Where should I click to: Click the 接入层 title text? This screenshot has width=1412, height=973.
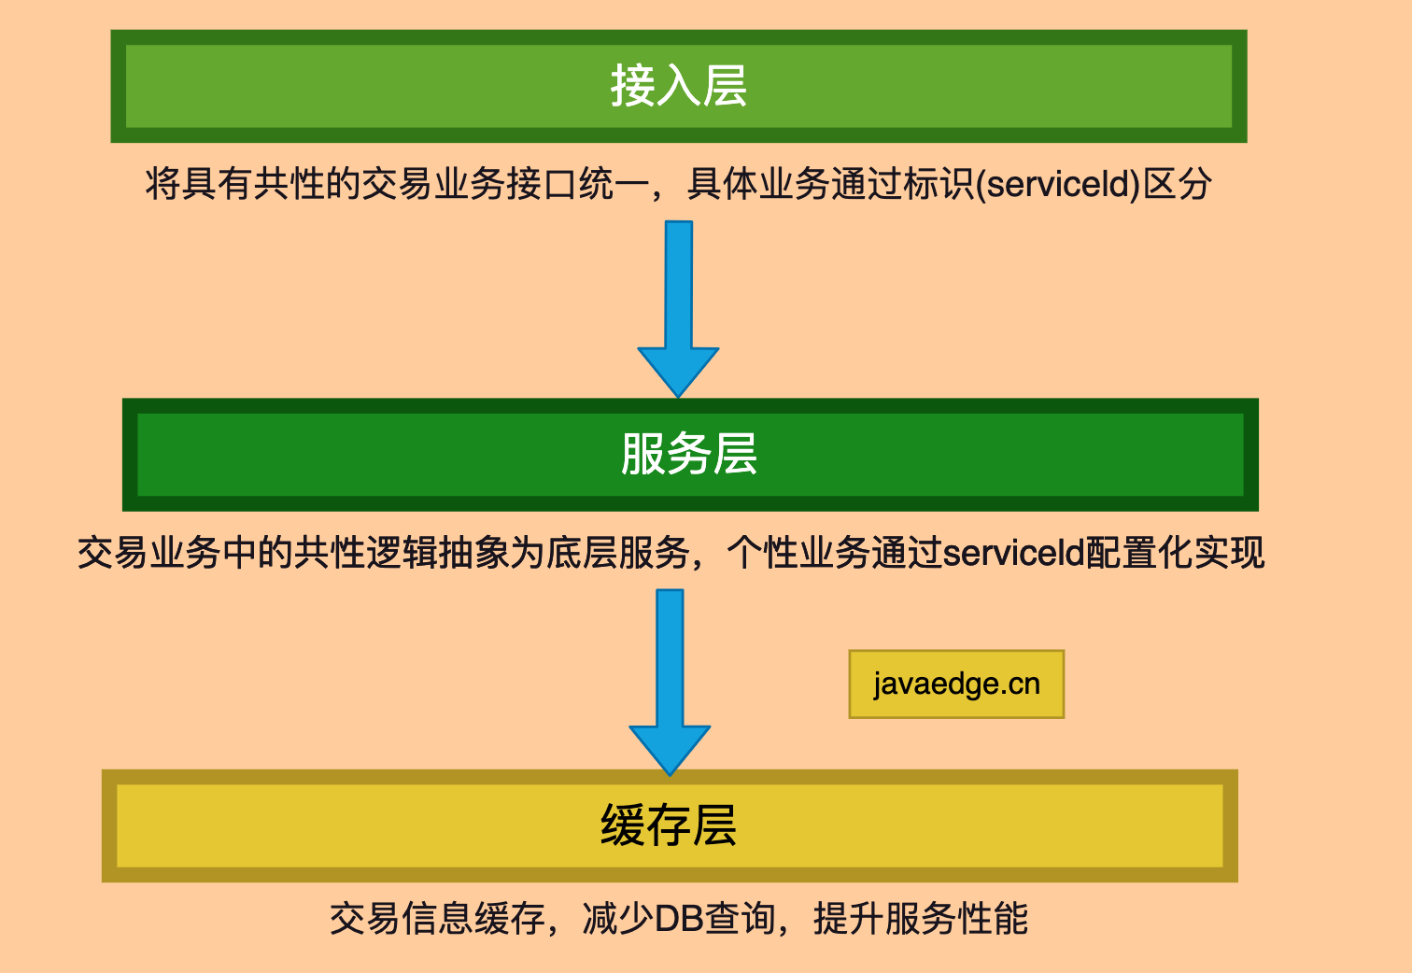click(x=679, y=86)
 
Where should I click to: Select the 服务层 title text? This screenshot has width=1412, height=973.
click(x=689, y=455)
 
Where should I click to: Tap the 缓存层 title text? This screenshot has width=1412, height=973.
click(x=669, y=826)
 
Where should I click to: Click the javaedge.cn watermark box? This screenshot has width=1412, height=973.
click(x=956, y=684)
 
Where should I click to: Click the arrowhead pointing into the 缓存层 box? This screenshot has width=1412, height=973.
click(x=670, y=749)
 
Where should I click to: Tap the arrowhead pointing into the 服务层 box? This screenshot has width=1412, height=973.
click(x=678, y=371)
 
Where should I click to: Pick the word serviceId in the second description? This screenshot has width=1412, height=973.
click(x=1012, y=553)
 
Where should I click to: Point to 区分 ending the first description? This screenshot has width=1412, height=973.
click(x=1178, y=184)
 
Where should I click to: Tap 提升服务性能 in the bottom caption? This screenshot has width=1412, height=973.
click(x=921, y=919)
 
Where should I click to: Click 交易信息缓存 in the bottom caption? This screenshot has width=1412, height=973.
click(x=437, y=919)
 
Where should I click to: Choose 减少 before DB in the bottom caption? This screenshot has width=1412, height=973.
click(x=617, y=919)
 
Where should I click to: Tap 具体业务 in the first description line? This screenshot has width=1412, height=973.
click(x=758, y=184)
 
